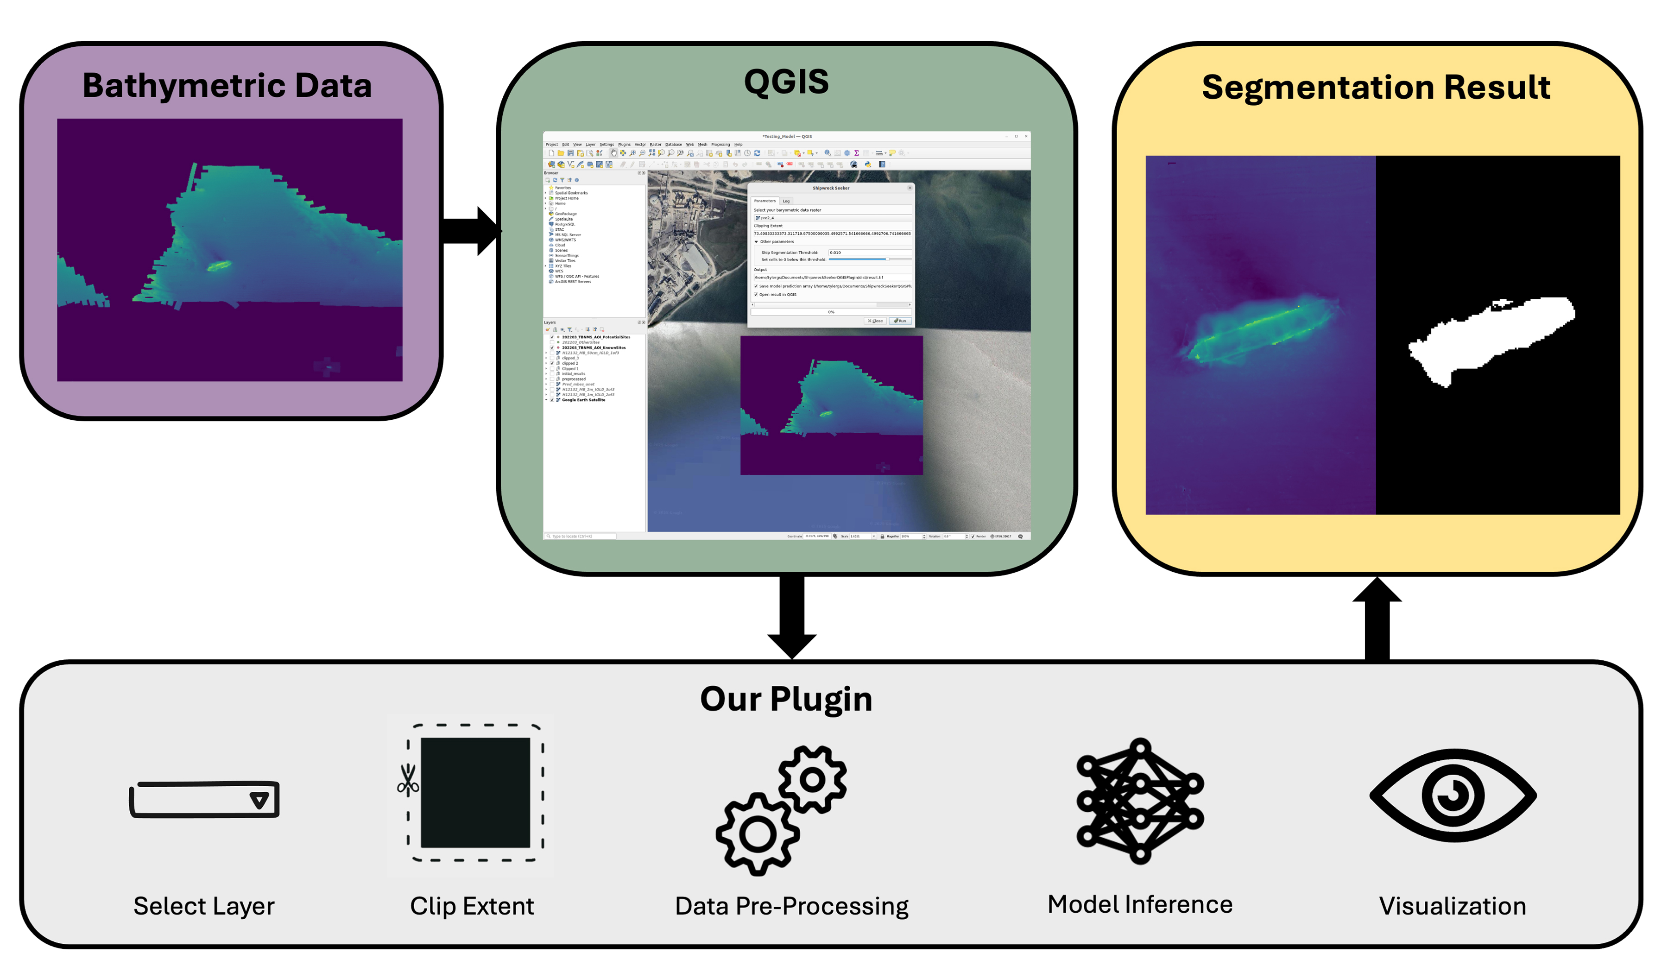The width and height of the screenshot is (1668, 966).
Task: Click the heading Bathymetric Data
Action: [x=227, y=86]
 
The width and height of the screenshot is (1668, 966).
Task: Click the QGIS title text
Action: [x=786, y=82]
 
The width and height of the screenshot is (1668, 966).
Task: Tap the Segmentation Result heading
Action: [x=1376, y=88]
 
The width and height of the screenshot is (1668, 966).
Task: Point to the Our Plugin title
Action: [x=786, y=699]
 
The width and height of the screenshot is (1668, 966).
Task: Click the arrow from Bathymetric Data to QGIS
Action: [x=471, y=231]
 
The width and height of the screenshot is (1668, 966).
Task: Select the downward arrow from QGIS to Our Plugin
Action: [x=792, y=615]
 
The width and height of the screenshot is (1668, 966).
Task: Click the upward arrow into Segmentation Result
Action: [x=1377, y=619]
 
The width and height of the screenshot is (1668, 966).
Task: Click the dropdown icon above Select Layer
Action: [x=259, y=801]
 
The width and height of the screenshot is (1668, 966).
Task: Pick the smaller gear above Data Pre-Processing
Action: [x=812, y=779]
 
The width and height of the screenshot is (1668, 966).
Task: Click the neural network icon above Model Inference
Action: [x=1140, y=801]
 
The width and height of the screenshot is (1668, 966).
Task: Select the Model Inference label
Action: [x=1140, y=904]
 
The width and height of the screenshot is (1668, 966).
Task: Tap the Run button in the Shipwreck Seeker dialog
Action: [x=900, y=321]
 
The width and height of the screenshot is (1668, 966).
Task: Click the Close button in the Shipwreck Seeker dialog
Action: [x=876, y=321]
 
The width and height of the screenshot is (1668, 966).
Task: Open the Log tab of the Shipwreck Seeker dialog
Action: [x=786, y=201]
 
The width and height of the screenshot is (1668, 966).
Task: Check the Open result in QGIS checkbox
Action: [x=756, y=294]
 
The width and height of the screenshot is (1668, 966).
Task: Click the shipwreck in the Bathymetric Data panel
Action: [x=218, y=266]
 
